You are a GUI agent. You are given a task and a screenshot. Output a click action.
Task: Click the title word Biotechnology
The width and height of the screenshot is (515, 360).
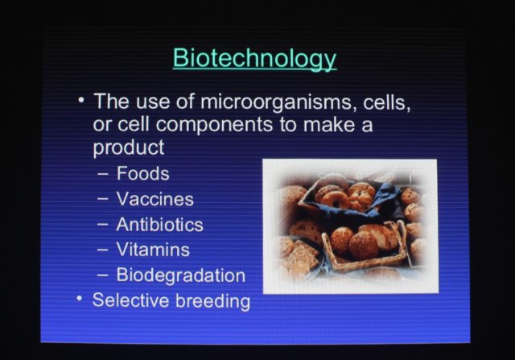(x=254, y=59)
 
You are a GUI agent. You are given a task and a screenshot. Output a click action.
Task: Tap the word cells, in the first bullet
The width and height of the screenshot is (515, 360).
(x=387, y=103)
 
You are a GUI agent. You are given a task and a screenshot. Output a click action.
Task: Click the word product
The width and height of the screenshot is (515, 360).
(x=129, y=147)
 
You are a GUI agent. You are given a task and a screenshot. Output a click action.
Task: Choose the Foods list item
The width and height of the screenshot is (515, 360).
(x=143, y=173)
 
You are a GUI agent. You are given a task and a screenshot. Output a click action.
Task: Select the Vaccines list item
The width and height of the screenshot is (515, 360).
(x=155, y=199)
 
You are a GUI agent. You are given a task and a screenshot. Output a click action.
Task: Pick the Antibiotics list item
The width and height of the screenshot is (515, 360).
(x=159, y=225)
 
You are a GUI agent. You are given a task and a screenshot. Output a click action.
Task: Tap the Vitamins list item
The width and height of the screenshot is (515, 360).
(x=153, y=250)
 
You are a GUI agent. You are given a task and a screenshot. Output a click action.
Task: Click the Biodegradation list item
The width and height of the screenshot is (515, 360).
(x=180, y=275)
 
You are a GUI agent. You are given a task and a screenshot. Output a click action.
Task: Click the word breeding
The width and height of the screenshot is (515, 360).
(x=212, y=301)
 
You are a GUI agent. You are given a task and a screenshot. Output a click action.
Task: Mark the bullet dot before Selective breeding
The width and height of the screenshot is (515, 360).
(x=79, y=299)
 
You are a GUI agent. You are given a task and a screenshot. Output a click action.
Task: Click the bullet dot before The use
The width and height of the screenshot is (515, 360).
(x=81, y=99)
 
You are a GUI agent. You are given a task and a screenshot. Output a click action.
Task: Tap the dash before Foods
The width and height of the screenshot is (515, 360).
(x=103, y=175)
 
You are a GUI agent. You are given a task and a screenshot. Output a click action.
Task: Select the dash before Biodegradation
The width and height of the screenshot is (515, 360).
(x=103, y=275)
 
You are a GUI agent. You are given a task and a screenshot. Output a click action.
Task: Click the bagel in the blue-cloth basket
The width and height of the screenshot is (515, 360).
(x=336, y=199)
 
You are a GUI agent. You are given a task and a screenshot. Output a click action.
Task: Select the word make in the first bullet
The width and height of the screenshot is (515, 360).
(x=328, y=125)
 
